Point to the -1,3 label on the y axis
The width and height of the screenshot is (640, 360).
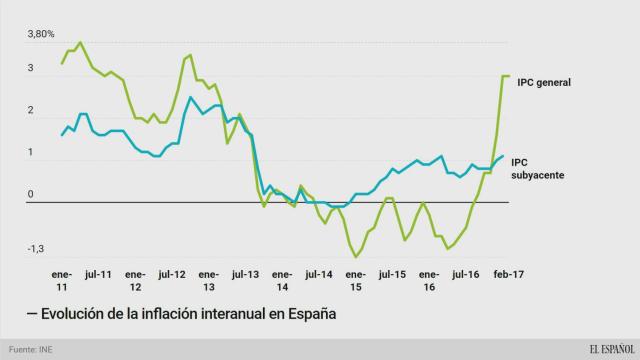click(x=35, y=249)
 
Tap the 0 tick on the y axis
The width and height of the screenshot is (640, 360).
click(x=30, y=194)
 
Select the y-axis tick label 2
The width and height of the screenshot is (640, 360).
click(x=30, y=110)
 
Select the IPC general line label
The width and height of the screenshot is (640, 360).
click(x=543, y=82)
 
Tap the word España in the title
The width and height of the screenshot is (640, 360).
click(x=306, y=314)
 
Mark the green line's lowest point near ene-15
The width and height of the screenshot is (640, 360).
click(x=356, y=257)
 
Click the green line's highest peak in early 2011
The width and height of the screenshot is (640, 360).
click(x=80, y=43)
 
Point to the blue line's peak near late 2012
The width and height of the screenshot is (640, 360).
click(x=190, y=97)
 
